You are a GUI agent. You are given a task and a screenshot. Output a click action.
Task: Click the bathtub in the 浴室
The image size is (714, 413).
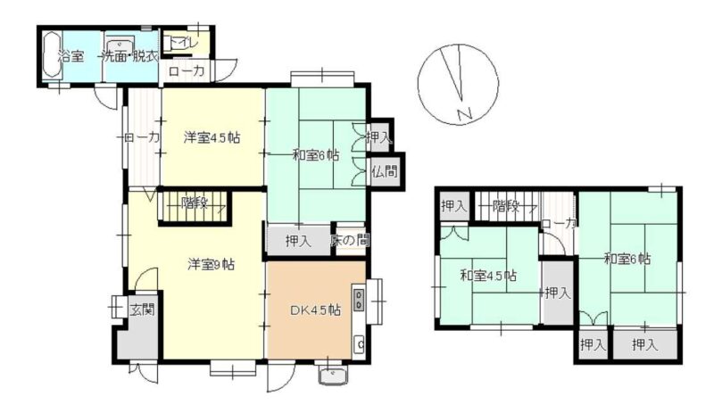(x=53, y=56)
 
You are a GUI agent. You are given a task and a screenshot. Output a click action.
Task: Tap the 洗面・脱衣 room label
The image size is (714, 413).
(x=130, y=56)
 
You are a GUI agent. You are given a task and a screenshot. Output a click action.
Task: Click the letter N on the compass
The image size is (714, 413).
(x=464, y=114)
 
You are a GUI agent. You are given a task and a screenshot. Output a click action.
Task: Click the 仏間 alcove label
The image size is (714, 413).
(x=384, y=171)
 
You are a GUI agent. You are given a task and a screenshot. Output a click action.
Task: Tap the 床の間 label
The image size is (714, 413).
(x=350, y=240)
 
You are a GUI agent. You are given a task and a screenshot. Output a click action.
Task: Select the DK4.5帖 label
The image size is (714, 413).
(x=316, y=310)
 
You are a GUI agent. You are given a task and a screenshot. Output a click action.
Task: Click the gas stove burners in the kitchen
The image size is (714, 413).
(x=360, y=299)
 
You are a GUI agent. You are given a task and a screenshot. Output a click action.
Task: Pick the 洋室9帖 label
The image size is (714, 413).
(x=212, y=264)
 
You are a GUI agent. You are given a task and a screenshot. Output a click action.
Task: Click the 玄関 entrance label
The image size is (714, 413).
(x=143, y=310)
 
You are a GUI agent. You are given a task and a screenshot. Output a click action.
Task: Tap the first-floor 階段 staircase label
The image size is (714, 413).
(x=195, y=202)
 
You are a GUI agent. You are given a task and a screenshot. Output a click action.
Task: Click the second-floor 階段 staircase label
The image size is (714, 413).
(x=506, y=206)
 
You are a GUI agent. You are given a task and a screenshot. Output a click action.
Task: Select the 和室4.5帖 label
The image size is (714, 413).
(x=488, y=276)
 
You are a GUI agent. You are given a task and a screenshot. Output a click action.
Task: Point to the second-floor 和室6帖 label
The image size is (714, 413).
(x=627, y=259)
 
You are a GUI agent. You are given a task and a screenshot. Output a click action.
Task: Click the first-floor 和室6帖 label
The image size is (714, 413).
(x=316, y=155)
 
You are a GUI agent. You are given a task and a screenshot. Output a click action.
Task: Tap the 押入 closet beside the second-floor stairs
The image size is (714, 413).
(x=454, y=206)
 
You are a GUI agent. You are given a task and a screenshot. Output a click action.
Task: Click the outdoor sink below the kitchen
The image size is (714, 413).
(x=333, y=376)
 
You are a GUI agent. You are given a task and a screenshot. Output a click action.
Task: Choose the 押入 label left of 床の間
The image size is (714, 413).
(x=298, y=241)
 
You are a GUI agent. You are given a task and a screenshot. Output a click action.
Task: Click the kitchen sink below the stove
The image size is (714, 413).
(x=360, y=343)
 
